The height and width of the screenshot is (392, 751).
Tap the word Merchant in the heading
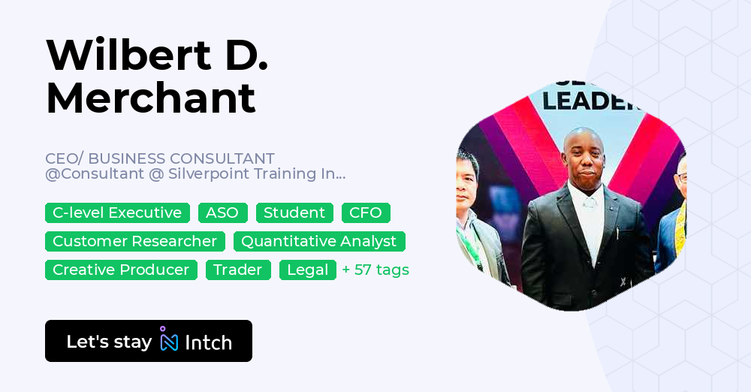151,98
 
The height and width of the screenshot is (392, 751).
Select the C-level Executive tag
117,213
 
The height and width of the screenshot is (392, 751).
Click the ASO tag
222,213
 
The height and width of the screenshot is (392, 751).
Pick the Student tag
294,213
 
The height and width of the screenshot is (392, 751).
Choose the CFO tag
366,213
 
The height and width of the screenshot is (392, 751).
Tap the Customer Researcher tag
134,241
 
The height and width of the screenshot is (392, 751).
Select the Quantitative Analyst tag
319,241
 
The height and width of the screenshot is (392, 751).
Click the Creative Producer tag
121,270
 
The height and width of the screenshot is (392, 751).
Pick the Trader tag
238,270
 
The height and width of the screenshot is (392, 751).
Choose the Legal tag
308,270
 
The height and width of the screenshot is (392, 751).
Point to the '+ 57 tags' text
375,270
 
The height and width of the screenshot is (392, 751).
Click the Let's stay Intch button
149,341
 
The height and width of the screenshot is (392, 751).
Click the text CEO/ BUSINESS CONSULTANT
160,158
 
